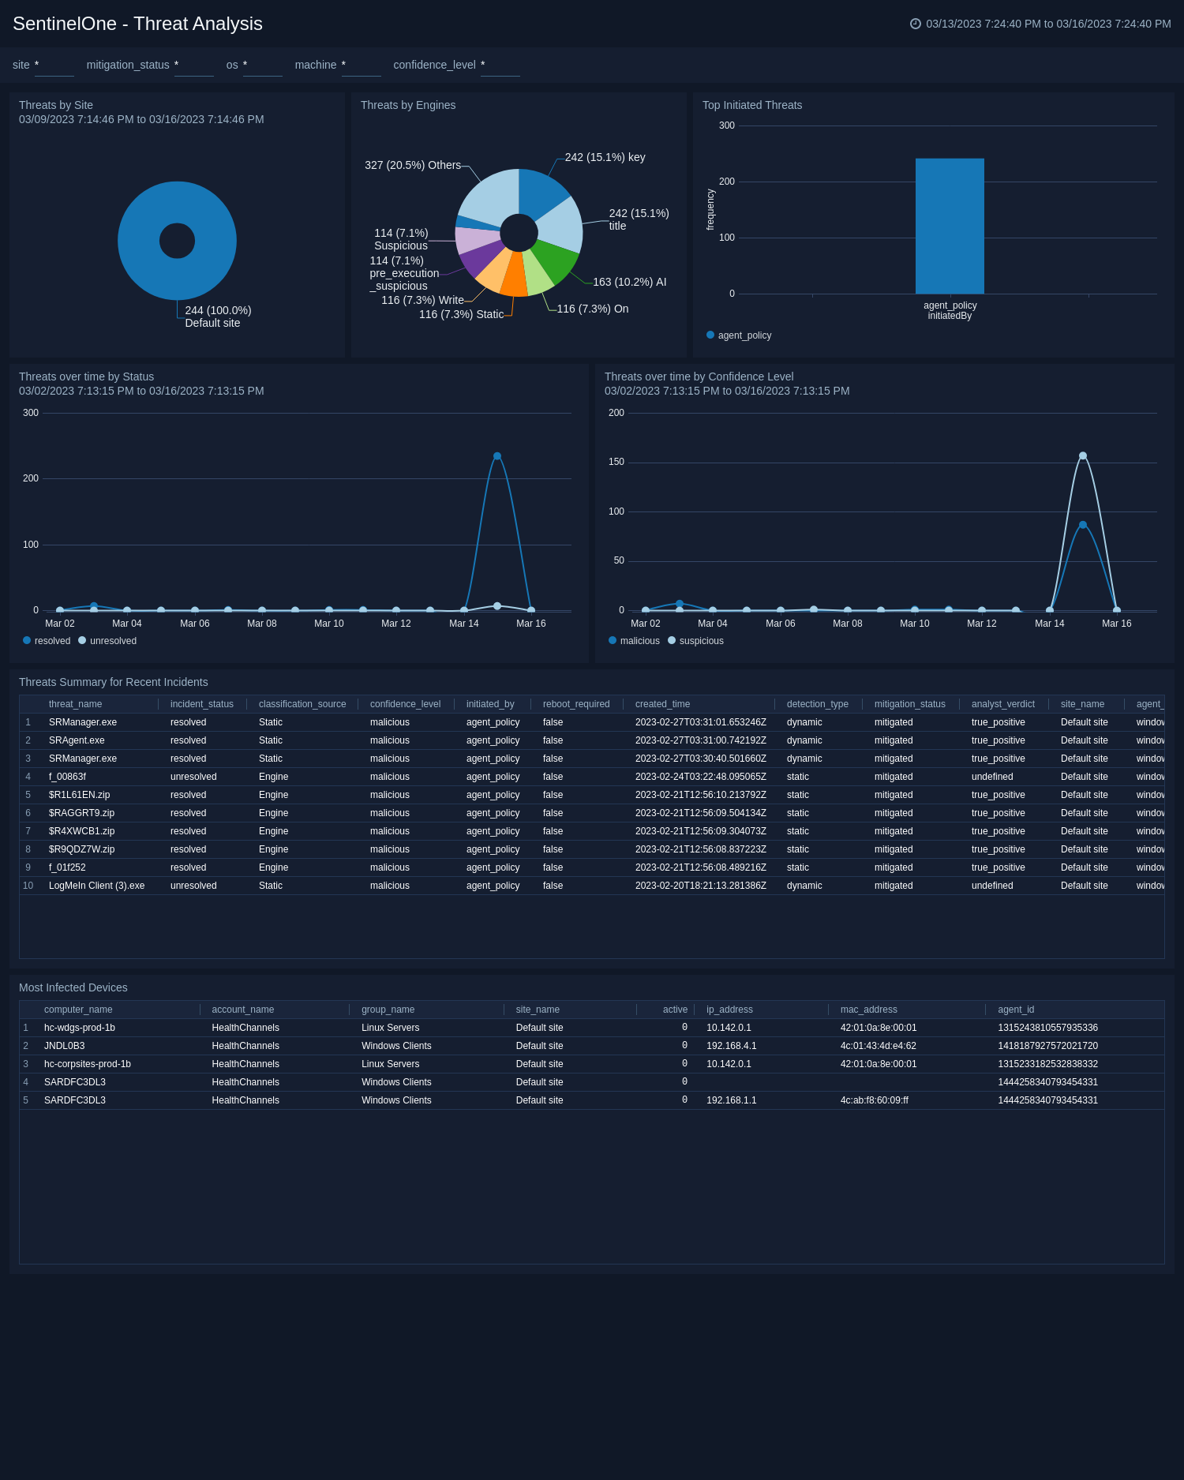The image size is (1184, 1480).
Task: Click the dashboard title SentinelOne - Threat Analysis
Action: [x=137, y=24]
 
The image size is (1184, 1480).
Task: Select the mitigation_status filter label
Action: [x=128, y=65]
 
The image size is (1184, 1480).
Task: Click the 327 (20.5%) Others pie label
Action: [x=412, y=165]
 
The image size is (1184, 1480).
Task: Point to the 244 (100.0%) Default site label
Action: [x=217, y=317]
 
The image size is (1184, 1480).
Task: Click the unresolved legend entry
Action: [x=112, y=641]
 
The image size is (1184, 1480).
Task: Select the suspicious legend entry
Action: [x=700, y=641]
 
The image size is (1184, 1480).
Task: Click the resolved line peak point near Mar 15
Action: [x=497, y=456]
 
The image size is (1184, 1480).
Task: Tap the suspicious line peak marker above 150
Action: [x=1083, y=455]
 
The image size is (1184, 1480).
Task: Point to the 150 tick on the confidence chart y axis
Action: [x=616, y=462]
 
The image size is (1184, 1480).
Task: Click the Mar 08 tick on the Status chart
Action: [x=261, y=624]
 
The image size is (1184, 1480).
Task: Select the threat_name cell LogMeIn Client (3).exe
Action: [x=96, y=886]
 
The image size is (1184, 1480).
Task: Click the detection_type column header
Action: [x=817, y=704]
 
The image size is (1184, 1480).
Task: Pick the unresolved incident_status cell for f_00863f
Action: [x=193, y=777]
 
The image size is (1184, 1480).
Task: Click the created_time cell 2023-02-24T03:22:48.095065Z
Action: [x=700, y=777]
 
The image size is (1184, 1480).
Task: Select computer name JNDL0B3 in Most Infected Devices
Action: [x=64, y=1046]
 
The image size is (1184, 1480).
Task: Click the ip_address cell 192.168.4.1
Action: [x=731, y=1046]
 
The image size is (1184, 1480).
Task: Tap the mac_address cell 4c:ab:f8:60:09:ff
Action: [x=874, y=1100]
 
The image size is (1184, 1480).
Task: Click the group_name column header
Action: [x=388, y=1010]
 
